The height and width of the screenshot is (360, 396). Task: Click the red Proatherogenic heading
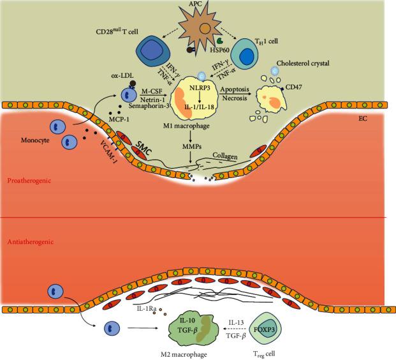tap(29, 181)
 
